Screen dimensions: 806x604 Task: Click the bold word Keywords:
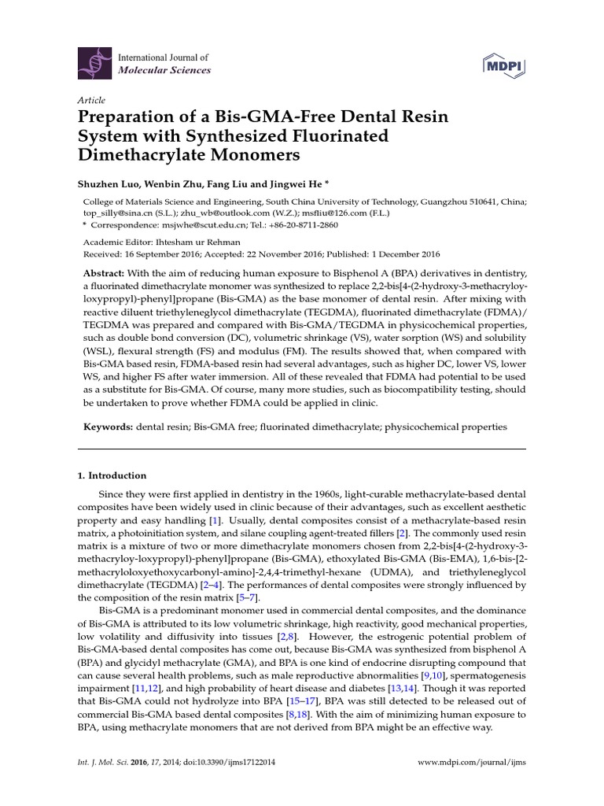tap(108, 426)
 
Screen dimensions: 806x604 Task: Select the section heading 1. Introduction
tap(112, 475)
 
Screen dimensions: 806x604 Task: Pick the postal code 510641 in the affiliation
tap(481, 201)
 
